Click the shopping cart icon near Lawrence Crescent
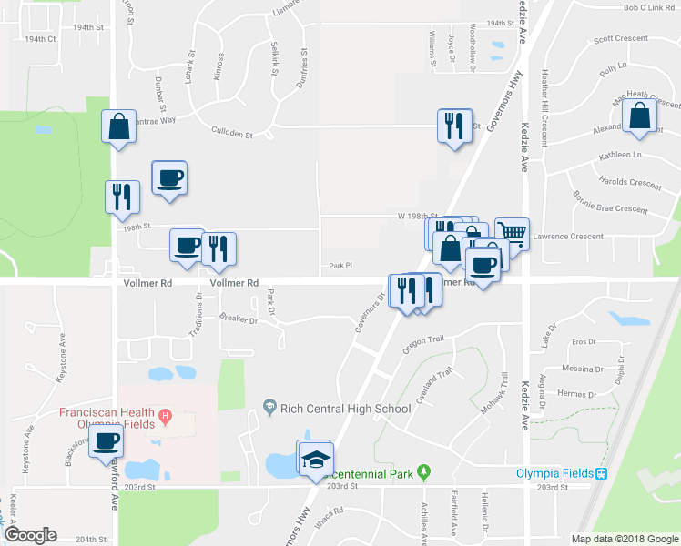click(512, 233)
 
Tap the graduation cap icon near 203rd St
click(316, 459)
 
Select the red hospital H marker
click(165, 418)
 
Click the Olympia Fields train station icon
click(601, 474)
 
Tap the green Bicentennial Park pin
click(422, 472)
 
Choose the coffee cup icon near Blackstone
click(105, 441)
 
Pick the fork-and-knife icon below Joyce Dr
click(452, 125)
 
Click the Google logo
click(31, 534)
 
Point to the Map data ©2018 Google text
click(624, 539)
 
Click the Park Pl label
click(340, 266)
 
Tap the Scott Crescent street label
click(620, 39)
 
